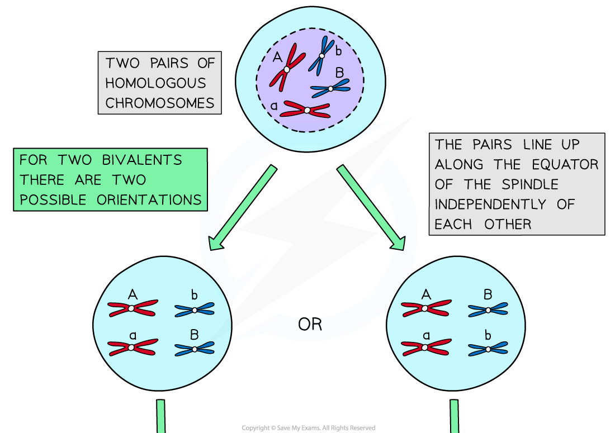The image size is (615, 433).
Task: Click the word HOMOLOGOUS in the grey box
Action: click(155, 83)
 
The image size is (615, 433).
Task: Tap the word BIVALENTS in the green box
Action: click(142, 160)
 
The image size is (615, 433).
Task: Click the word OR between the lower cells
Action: click(310, 325)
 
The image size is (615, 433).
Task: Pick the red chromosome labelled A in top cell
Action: click(286, 70)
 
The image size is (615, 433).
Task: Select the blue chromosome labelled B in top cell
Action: click(330, 88)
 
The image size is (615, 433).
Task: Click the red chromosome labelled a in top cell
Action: click(306, 110)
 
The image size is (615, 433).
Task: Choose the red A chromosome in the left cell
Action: click(132, 308)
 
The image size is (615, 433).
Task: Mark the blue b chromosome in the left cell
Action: click(194, 309)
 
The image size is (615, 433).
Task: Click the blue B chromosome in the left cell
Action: click(194, 349)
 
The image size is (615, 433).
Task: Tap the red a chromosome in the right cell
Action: click(425, 348)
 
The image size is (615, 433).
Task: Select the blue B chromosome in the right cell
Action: click(488, 309)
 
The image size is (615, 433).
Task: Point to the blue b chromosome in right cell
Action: click(488, 349)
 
